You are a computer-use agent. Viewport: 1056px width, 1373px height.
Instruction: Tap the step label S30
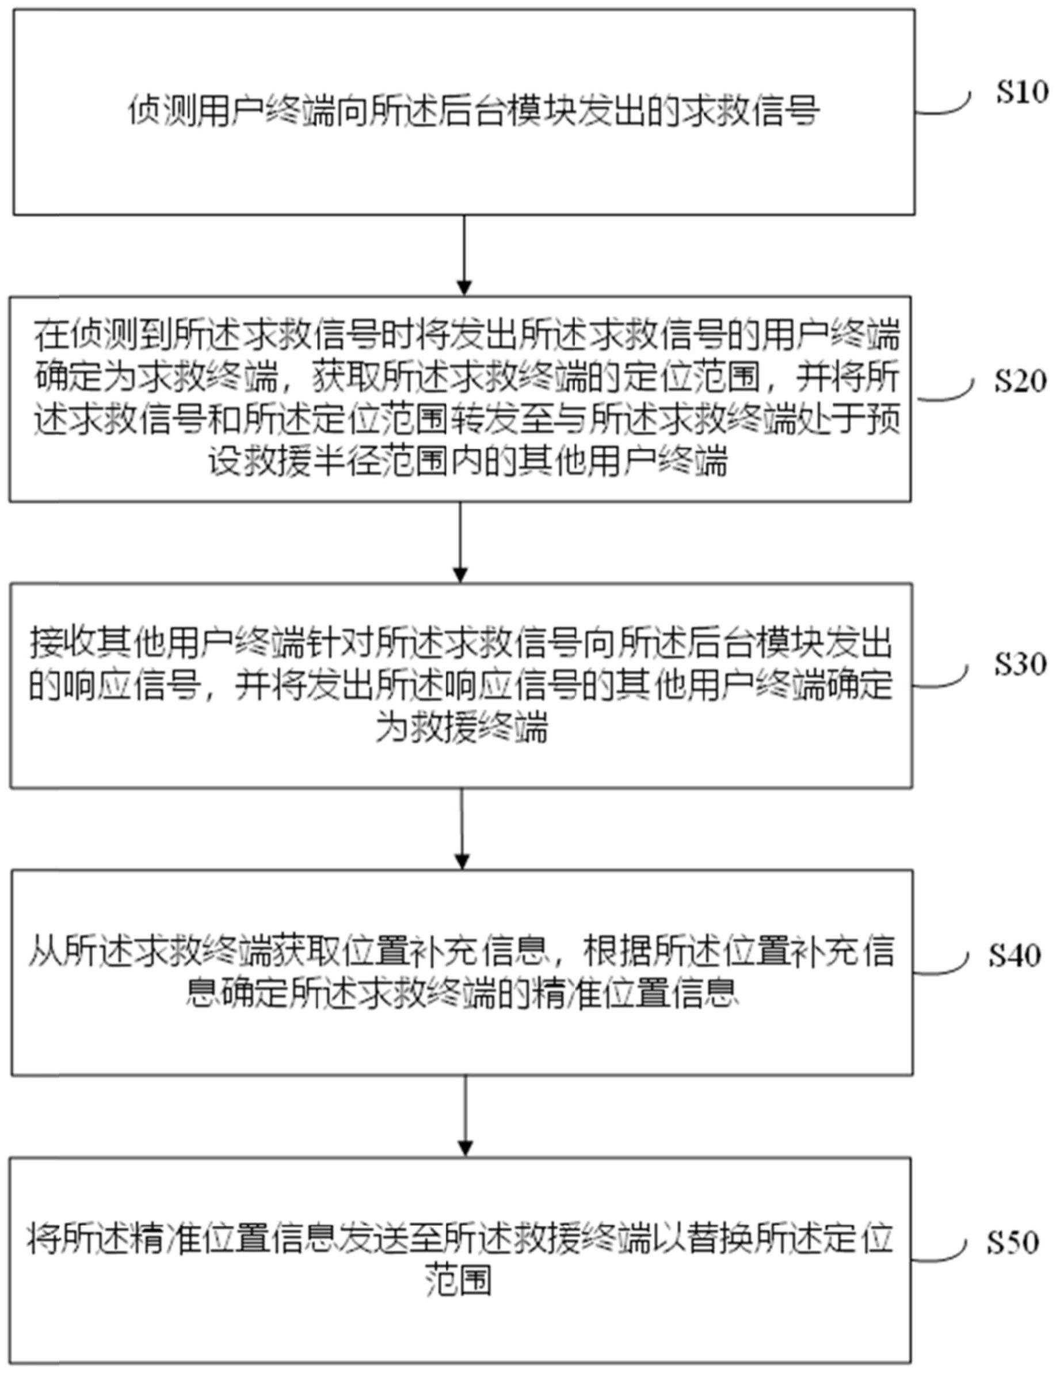point(1020,663)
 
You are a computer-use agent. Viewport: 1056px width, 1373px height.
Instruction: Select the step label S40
point(1015,955)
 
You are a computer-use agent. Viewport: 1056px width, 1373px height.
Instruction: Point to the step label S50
point(1013,1242)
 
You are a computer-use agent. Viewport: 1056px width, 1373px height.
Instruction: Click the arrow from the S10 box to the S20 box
point(464,255)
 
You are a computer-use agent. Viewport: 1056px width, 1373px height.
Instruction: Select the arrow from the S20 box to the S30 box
point(461,541)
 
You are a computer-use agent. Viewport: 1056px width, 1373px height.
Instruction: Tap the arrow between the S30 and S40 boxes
point(462,829)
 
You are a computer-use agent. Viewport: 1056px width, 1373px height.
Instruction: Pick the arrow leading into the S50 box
point(465,1115)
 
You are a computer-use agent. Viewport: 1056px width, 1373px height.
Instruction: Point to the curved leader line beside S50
point(938,1252)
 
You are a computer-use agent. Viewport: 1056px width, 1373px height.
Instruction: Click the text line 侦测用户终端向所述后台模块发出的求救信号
point(474,111)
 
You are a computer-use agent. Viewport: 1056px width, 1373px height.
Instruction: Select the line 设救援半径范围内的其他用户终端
point(468,462)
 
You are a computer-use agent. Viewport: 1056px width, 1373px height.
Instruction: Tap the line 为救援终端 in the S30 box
point(462,729)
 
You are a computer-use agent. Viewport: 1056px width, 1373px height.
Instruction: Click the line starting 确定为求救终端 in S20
point(467,377)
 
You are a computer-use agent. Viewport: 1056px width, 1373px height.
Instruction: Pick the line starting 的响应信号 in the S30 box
point(461,685)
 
